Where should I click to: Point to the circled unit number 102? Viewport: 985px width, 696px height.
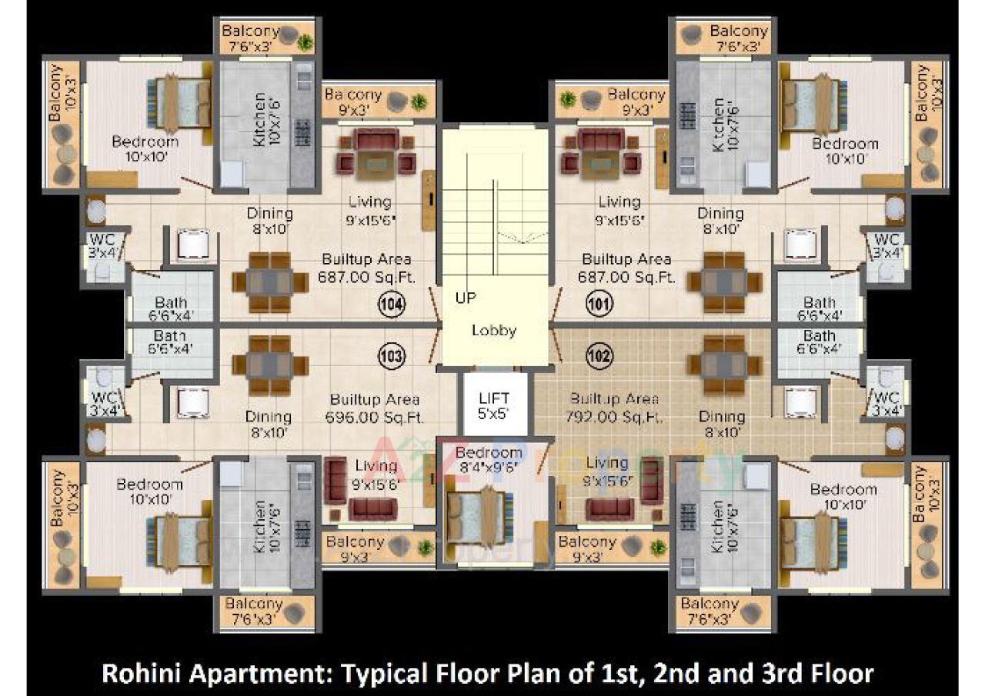[x=599, y=356]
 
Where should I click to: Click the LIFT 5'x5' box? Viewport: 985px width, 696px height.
[x=494, y=405]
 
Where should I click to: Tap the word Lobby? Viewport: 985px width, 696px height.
[x=494, y=331]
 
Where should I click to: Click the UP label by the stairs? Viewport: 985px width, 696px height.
[x=466, y=298]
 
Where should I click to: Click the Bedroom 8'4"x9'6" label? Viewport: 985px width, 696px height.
[x=488, y=459]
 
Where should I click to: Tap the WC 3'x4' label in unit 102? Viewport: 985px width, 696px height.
[x=886, y=403]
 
